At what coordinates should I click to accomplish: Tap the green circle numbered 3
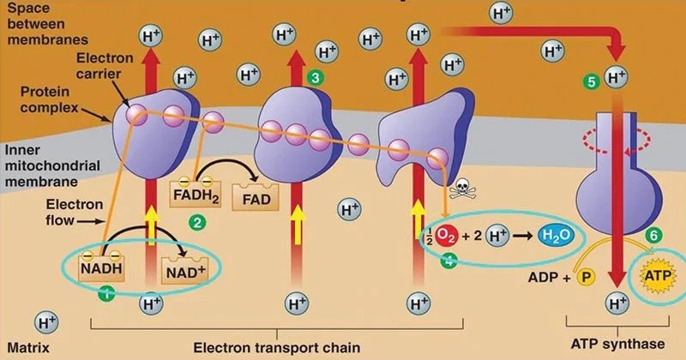pos(316,78)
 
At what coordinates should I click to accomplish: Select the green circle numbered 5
pos(590,82)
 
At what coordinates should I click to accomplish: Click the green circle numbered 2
pos(198,223)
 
